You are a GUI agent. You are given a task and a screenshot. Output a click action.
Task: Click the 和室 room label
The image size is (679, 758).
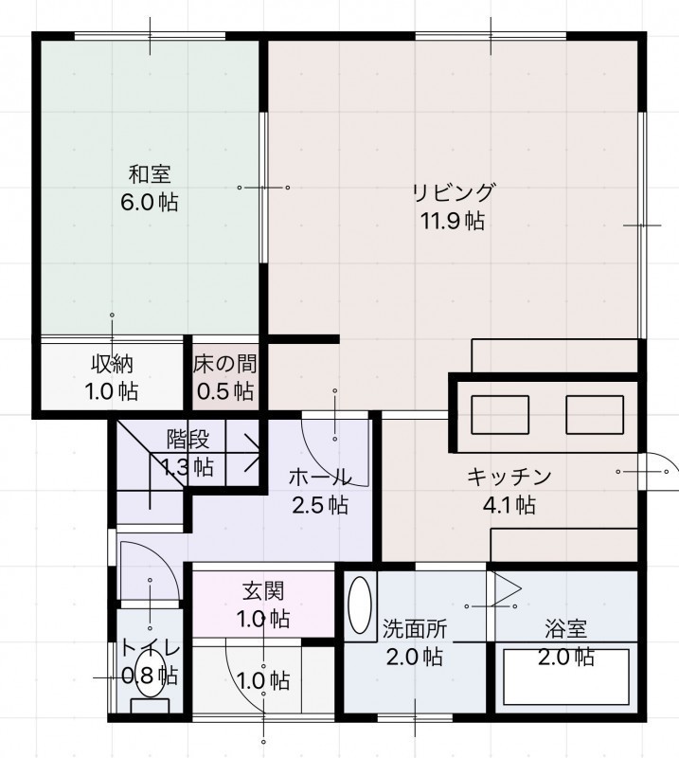tap(150, 174)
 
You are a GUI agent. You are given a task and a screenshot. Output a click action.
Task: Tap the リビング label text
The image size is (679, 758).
tap(454, 192)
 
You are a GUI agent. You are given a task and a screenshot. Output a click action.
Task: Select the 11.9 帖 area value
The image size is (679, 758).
tap(453, 222)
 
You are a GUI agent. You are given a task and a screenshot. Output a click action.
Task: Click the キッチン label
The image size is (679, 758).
tap(509, 477)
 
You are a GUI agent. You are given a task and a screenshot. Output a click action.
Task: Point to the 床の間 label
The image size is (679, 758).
tap(225, 364)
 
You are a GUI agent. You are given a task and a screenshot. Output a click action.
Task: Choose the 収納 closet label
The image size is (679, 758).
tap(112, 364)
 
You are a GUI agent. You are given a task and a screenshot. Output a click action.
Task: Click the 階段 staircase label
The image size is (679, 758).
tap(188, 439)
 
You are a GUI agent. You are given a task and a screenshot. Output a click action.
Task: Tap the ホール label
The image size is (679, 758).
tap(320, 478)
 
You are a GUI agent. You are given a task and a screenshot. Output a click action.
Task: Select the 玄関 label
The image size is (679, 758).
tap(263, 590)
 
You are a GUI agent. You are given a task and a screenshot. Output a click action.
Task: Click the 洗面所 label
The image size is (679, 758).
tap(415, 628)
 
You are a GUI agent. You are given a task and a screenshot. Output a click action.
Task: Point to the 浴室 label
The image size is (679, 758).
tap(566, 628)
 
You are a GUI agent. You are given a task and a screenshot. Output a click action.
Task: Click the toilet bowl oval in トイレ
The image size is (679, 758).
tap(150, 673)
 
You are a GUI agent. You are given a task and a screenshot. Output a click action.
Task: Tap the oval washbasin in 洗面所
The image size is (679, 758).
tap(360, 605)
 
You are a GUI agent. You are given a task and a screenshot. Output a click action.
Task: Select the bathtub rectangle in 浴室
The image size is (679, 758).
tap(566, 677)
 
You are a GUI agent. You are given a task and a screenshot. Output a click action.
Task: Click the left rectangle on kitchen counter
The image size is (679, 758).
tap(500, 415)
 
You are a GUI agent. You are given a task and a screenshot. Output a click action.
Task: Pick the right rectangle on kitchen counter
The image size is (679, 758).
tap(595, 415)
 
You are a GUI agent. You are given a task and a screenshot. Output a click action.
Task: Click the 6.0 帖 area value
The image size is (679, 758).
tap(150, 202)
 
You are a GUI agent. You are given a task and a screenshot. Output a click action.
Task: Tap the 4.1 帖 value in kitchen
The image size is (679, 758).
tap(509, 505)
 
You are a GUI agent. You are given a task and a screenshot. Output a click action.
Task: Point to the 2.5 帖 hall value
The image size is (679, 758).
tap(320, 505)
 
